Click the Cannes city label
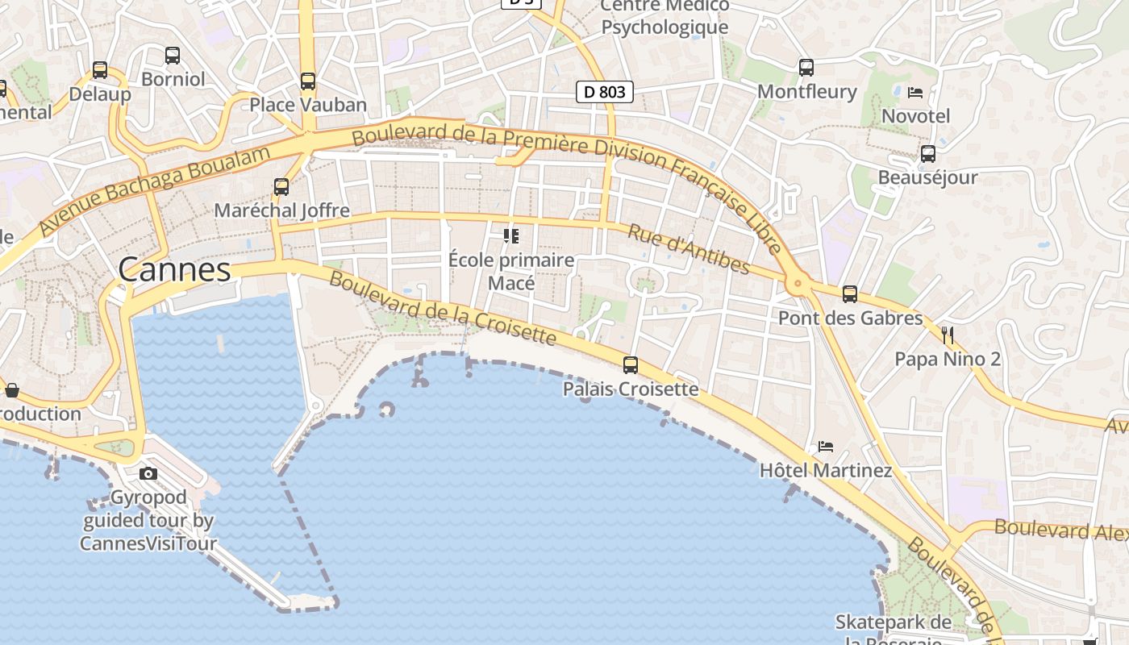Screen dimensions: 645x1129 (x=174, y=270)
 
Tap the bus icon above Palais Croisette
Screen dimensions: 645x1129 (x=631, y=365)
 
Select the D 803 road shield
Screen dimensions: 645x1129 (x=605, y=92)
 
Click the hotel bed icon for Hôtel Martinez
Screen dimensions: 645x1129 (x=826, y=446)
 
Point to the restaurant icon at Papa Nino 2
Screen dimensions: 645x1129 (x=948, y=335)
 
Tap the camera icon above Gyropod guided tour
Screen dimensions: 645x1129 (x=148, y=473)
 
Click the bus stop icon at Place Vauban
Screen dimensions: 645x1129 (x=308, y=81)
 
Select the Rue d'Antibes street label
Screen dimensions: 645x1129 (x=689, y=249)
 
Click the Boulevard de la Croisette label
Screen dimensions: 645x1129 (x=443, y=309)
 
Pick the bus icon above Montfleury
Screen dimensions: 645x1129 (x=806, y=68)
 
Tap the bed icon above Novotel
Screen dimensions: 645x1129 (x=915, y=92)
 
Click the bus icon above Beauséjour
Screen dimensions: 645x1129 (x=928, y=153)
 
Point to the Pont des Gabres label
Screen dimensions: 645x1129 (x=850, y=318)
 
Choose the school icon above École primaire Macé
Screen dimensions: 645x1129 (x=510, y=236)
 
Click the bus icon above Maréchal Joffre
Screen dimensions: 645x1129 (x=281, y=187)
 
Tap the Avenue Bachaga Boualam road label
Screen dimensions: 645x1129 (x=153, y=190)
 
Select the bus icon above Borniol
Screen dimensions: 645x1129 (x=173, y=56)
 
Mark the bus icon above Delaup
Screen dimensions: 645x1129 (x=100, y=70)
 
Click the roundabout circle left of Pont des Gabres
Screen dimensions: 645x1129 (x=798, y=282)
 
